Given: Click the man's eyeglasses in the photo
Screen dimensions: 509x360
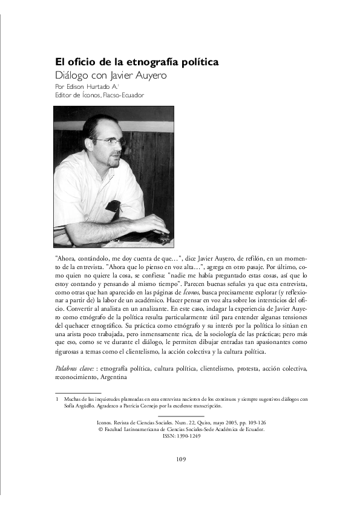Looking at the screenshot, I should (x=109, y=141).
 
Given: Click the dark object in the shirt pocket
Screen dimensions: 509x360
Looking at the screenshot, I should (x=113, y=207).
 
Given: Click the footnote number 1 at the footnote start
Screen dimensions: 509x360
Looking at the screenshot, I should (x=56, y=399).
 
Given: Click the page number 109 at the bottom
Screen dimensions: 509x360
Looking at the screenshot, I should (x=180, y=459).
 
